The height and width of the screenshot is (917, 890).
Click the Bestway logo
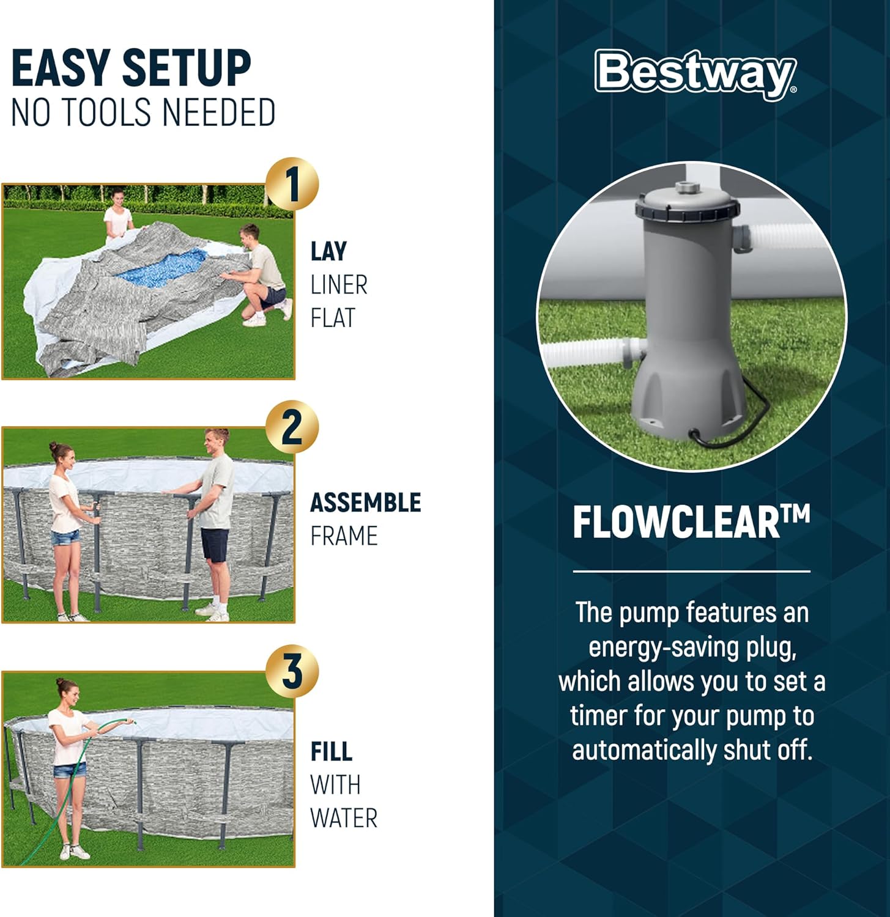click(695, 75)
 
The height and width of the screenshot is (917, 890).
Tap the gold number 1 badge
click(292, 185)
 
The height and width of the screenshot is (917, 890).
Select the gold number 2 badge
click(292, 427)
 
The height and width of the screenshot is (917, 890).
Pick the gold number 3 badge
click(292, 671)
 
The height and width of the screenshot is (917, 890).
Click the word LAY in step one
click(328, 251)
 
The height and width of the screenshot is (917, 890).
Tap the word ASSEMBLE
click(366, 503)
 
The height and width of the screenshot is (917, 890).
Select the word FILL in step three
click(331, 751)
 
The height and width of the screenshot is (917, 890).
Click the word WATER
click(344, 818)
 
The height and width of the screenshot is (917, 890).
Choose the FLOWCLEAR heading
click(691, 522)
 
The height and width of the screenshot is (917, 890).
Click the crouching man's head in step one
click(250, 235)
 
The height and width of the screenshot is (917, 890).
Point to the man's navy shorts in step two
click(215, 545)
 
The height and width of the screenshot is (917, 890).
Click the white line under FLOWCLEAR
click(691, 572)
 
